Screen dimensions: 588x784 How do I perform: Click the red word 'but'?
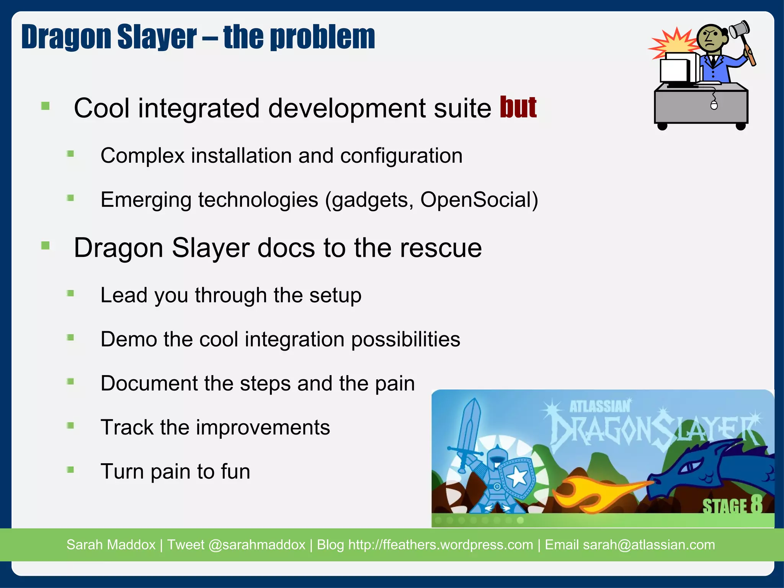click(518, 108)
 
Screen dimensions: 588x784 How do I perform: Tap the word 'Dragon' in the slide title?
click(67, 37)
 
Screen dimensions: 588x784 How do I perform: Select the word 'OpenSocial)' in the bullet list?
click(479, 200)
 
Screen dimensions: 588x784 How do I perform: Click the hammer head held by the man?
click(739, 29)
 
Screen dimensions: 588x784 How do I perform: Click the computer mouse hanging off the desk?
click(714, 105)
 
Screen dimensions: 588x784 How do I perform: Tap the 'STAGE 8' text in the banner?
click(732, 506)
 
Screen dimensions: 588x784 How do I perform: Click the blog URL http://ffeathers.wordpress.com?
click(441, 545)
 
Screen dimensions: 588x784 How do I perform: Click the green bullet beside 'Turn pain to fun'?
click(70, 470)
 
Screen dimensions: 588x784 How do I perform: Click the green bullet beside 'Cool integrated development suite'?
click(46, 106)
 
